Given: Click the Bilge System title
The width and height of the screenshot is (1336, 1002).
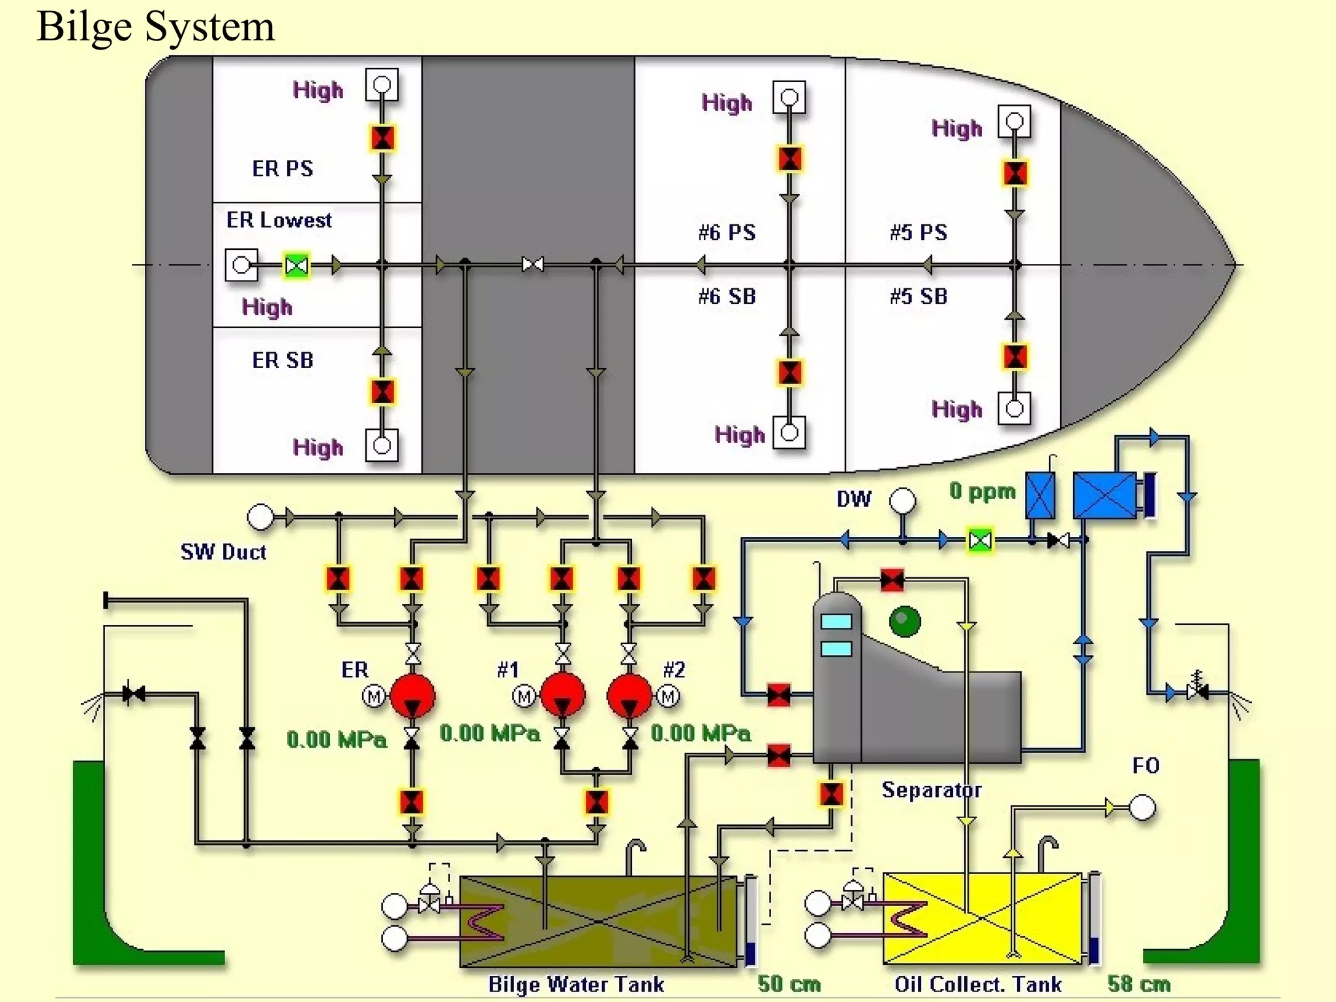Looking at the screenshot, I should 155,27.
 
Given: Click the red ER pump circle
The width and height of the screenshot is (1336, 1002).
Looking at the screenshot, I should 412,696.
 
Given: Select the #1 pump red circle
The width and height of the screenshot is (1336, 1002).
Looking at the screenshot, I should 562,695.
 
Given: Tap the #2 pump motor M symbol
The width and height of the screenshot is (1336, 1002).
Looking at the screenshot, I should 668,697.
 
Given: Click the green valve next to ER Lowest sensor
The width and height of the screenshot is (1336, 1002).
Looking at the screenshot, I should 297,266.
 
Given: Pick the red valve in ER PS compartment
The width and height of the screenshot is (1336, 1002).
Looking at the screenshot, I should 382,138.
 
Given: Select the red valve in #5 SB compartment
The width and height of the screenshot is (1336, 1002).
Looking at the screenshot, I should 1015,357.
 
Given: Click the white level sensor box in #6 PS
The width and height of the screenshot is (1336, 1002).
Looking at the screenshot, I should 789,98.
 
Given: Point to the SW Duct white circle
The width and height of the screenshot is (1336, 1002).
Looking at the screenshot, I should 260,517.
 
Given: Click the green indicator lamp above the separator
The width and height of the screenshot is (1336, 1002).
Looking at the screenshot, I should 905,621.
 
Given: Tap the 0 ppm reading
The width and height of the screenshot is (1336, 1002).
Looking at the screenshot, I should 982,491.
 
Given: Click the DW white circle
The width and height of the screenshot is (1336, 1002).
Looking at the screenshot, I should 902,501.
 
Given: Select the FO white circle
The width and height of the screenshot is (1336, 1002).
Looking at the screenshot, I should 1142,808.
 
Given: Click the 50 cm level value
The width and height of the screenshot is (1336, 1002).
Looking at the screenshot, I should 789,984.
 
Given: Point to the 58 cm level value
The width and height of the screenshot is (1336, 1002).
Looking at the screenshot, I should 1139,984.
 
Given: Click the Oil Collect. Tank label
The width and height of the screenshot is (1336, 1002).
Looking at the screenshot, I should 978,984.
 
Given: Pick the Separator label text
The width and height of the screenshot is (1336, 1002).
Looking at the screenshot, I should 931,790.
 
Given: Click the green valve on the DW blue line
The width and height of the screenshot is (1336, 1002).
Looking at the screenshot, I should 980,540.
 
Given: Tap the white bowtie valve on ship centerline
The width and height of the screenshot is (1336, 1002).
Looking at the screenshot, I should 533,265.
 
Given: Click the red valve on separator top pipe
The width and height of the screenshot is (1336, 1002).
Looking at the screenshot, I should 892,579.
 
